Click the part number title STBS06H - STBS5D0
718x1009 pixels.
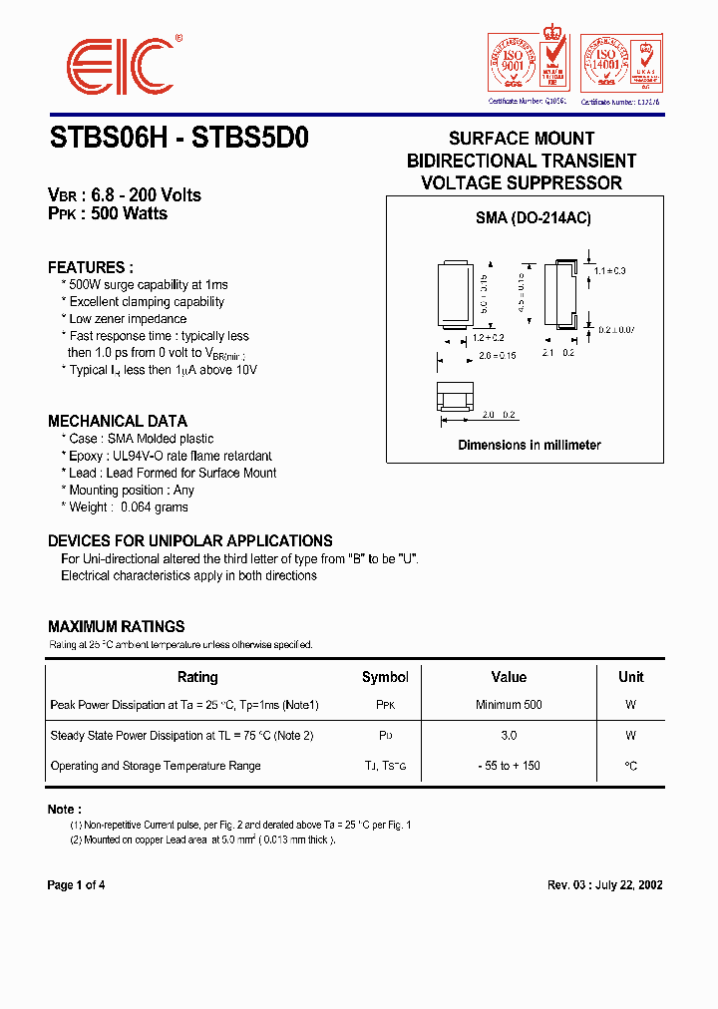point(179,139)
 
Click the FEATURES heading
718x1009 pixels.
point(91,267)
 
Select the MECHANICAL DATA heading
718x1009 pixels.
point(118,421)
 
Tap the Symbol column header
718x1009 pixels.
point(385,677)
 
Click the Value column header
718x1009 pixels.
point(509,677)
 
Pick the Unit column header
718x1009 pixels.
point(630,677)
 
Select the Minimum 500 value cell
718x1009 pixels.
point(509,705)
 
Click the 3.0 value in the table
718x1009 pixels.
point(509,736)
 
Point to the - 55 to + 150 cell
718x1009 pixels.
point(509,766)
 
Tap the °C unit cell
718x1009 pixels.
point(630,766)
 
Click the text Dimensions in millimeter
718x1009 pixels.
point(530,445)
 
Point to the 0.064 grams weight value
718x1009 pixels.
point(154,507)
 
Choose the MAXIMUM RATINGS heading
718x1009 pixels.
point(117,627)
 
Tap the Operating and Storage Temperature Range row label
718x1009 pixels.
point(156,766)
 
